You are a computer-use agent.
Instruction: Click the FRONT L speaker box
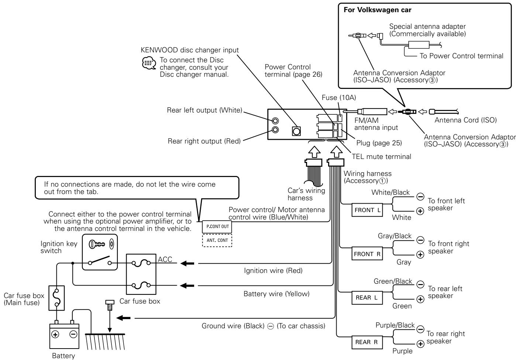(x=367, y=210)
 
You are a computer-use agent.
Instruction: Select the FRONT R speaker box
(x=367, y=254)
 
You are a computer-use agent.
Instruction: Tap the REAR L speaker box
(x=367, y=298)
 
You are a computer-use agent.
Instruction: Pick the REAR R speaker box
(x=367, y=342)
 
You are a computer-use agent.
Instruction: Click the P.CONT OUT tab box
(x=217, y=227)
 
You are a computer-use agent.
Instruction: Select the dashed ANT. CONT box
(x=217, y=240)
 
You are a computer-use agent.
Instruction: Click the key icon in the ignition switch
(x=97, y=244)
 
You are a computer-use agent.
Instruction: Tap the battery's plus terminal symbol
(x=55, y=334)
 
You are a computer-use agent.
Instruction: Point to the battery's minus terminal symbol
(x=73, y=334)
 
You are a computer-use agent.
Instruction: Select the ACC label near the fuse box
(x=165, y=259)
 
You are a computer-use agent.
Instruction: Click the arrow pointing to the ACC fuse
(x=187, y=263)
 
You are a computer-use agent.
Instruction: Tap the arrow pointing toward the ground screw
(x=124, y=318)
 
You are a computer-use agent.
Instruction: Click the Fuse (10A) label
(x=338, y=98)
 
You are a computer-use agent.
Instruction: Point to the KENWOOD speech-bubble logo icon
(x=149, y=63)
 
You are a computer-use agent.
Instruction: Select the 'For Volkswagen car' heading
(x=377, y=10)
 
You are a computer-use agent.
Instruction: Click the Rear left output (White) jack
(x=275, y=121)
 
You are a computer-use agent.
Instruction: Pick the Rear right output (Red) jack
(x=275, y=130)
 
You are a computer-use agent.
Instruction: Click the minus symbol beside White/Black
(x=420, y=197)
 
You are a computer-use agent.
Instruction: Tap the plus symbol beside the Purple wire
(x=420, y=344)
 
